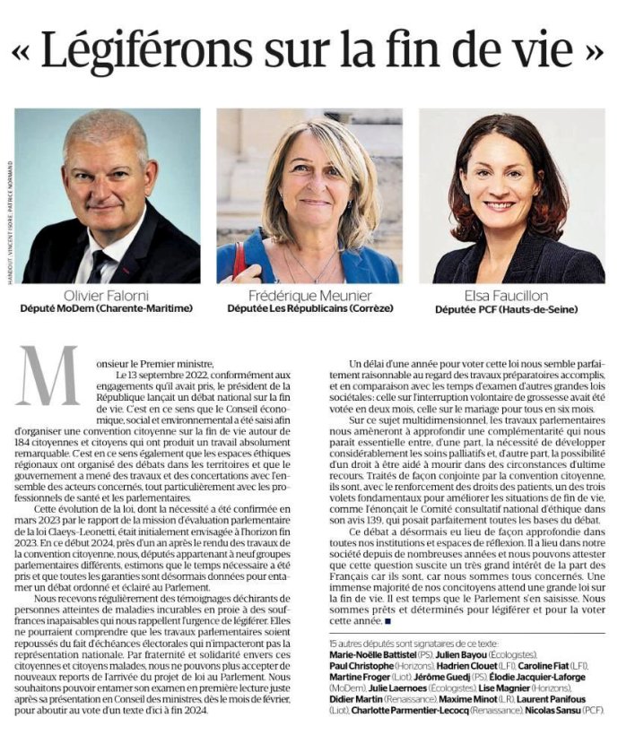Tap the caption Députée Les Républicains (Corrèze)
coord(308,309)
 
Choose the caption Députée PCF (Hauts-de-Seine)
coord(511,309)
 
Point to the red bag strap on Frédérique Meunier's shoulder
coord(239,260)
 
